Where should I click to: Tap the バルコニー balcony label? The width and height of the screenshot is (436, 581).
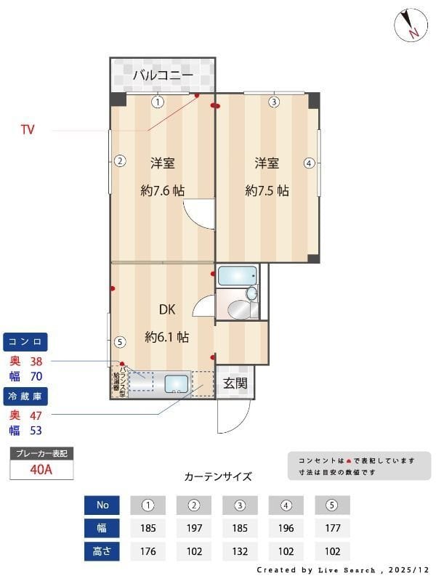(x=163, y=76)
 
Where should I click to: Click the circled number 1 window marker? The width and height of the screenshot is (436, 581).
(x=158, y=102)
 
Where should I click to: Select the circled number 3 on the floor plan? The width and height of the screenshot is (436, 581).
(x=273, y=102)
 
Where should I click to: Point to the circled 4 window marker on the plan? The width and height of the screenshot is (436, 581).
(x=310, y=163)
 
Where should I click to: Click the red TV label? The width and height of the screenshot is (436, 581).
(x=28, y=130)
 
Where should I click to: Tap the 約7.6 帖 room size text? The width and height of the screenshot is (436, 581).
(x=162, y=190)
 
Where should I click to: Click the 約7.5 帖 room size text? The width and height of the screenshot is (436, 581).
(x=267, y=190)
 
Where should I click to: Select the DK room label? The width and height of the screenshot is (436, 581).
(x=167, y=309)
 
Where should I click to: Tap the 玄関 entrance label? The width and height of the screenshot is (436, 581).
(x=235, y=383)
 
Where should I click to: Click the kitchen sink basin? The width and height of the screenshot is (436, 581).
(x=177, y=383)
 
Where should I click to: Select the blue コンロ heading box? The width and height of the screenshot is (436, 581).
(x=27, y=341)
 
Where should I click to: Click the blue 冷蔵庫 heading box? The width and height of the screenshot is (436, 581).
(x=27, y=397)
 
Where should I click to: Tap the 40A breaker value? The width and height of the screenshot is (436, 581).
(x=41, y=469)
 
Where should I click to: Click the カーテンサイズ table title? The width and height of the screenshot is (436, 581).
(x=218, y=476)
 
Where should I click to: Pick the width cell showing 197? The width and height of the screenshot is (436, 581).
(x=194, y=528)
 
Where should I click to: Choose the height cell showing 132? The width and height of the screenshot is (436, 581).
(x=241, y=551)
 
